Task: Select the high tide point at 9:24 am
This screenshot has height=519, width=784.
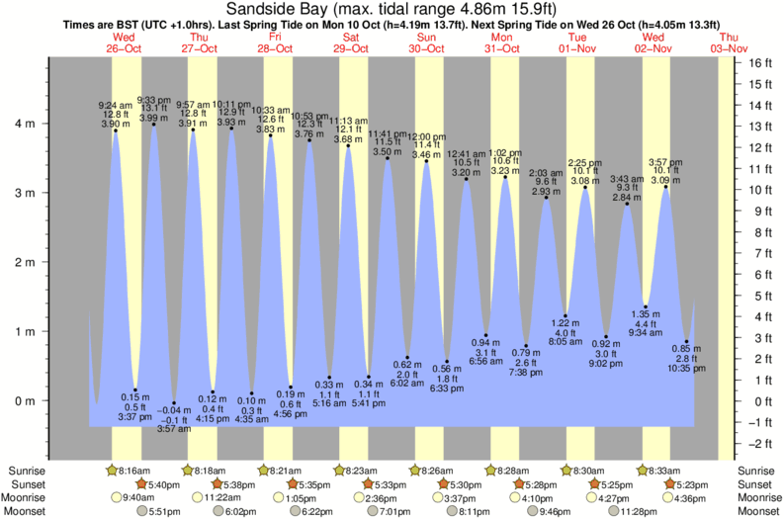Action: pyautogui.click(x=116, y=130)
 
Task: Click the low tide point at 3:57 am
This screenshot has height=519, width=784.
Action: pyautogui.click(x=173, y=403)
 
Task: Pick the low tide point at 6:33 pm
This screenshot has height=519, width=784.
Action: pyautogui.click(x=447, y=362)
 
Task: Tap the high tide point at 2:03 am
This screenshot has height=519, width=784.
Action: pyautogui.click(x=546, y=198)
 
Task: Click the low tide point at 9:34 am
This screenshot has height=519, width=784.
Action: pyautogui.click(x=646, y=307)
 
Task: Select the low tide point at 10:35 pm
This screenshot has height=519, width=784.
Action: pyautogui.click(x=686, y=342)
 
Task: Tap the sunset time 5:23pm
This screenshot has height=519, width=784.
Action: pyautogui.click(x=688, y=484)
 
